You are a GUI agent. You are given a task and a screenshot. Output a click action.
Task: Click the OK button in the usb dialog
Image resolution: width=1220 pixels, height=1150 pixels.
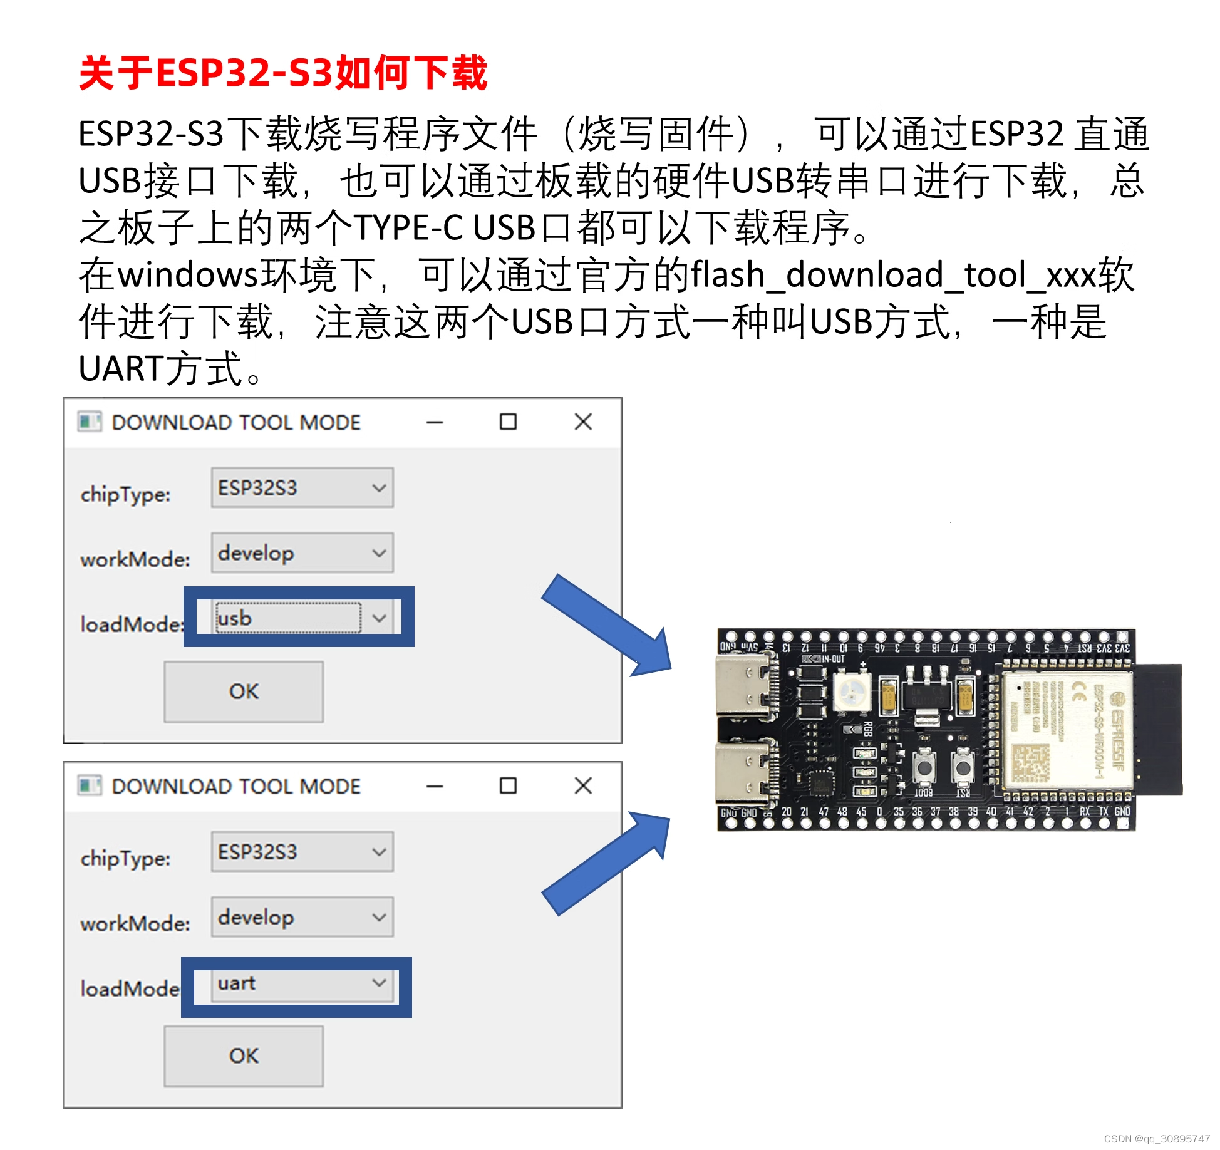[244, 692]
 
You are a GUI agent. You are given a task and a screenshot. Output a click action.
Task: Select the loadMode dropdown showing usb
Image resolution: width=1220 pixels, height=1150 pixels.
[301, 618]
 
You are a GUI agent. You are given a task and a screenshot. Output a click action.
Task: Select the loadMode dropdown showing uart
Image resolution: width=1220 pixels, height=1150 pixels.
[301, 983]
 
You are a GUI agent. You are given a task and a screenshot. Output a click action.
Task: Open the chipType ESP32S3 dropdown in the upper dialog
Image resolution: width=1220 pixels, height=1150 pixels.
[302, 487]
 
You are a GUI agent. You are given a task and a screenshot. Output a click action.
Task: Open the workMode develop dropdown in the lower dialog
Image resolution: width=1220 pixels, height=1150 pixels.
[302, 917]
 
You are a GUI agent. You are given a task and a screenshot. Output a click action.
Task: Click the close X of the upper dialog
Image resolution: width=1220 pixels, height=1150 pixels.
[583, 422]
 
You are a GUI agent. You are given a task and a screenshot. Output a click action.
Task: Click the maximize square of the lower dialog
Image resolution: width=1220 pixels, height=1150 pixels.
[508, 785]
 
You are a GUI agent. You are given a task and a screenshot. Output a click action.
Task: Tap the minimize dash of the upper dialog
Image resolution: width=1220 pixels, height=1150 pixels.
[435, 422]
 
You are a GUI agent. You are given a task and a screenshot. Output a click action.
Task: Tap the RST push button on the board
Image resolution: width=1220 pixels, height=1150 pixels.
[963, 768]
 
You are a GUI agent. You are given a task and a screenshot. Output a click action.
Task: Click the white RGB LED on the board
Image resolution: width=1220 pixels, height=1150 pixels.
[852, 692]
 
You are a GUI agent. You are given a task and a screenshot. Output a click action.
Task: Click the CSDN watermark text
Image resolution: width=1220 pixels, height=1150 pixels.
[1156, 1139]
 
